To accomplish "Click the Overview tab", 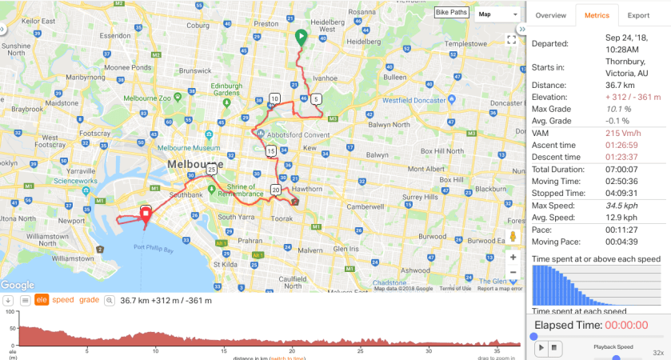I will tap(550, 15).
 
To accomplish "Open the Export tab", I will tap(638, 15).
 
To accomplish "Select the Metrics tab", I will tap(597, 15).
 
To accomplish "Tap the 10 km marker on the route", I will tap(275, 99).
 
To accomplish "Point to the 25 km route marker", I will tap(211, 170).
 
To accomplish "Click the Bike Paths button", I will tap(453, 13).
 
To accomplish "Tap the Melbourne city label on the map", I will tap(194, 163).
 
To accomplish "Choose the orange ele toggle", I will tap(42, 300).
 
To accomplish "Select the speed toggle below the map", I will tap(63, 300).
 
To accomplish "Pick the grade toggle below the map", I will tap(89, 300).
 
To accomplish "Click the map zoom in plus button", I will tap(513, 258).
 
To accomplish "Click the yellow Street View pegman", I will tap(513, 237).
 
